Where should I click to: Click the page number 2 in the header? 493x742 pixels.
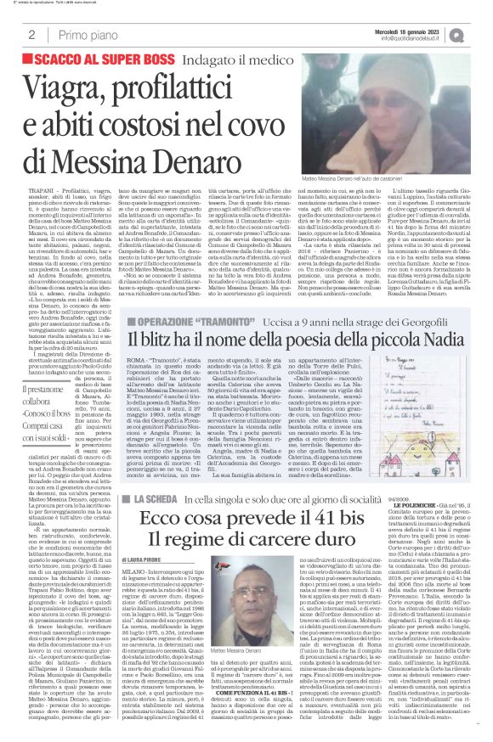31,35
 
